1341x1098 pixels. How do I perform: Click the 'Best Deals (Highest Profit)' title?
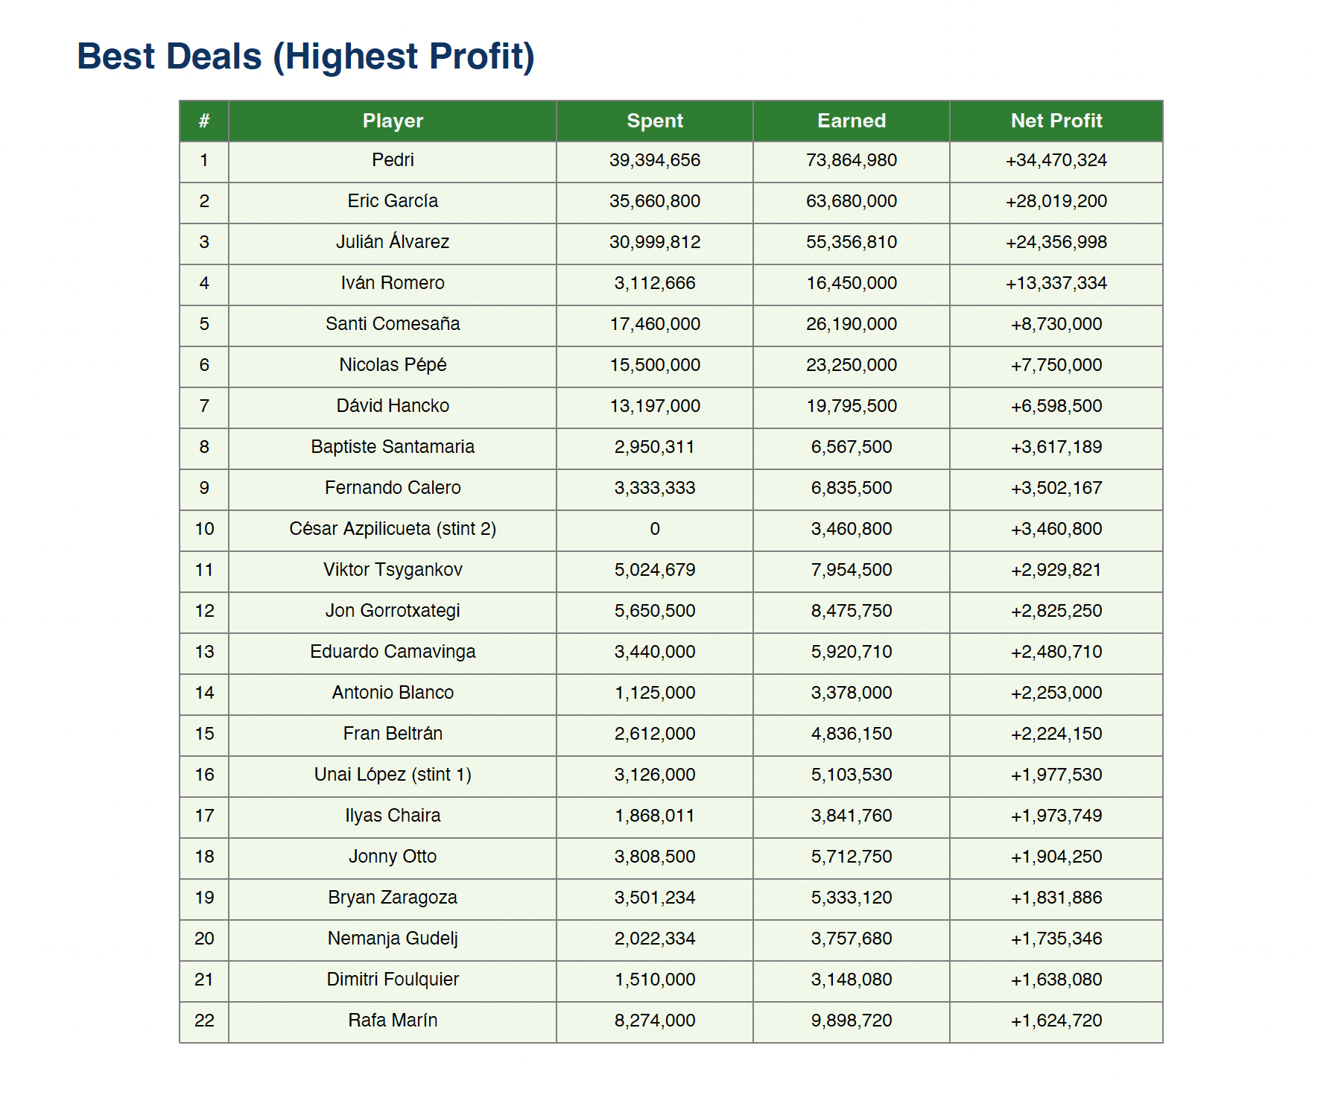(305, 57)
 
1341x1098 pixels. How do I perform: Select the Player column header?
(393, 121)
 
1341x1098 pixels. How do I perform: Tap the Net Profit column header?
(1056, 121)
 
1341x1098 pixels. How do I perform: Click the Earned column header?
(851, 121)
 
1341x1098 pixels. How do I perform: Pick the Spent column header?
(655, 121)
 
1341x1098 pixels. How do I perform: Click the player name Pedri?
(393, 160)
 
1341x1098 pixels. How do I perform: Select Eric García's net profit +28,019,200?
(1056, 201)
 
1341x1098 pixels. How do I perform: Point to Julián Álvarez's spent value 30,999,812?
(655, 242)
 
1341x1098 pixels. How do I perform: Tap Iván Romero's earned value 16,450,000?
(851, 283)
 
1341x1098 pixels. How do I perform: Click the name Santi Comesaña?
(393, 324)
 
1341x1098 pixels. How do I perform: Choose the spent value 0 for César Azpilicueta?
(655, 529)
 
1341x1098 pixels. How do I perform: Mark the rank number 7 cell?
(204, 406)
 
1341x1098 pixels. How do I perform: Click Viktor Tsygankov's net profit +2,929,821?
(1056, 570)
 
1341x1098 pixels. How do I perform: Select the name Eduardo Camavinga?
(393, 652)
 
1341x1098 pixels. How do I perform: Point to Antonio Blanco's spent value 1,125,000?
(655, 693)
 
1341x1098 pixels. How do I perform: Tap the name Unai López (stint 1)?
(393, 775)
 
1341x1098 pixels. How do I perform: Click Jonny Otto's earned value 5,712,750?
(851, 857)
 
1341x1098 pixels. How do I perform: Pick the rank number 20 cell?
(204, 939)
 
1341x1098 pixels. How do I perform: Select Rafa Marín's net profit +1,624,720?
(1056, 1021)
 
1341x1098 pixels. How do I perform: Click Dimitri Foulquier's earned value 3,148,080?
(851, 980)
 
